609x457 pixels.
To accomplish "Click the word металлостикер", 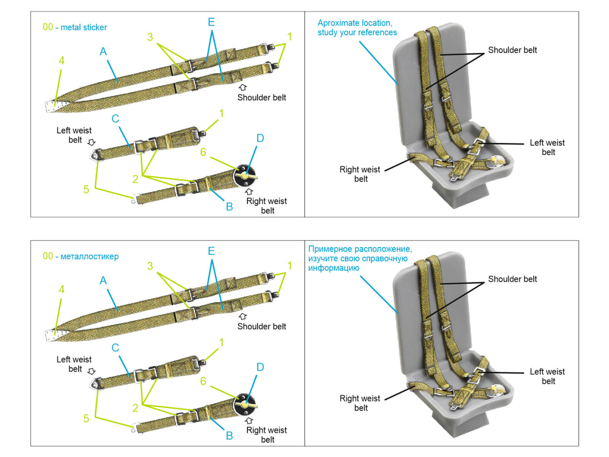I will pyautogui.click(x=89, y=256).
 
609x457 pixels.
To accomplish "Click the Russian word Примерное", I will pyautogui.click(x=330, y=249).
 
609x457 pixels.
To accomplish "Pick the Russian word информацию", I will pyautogui.click(x=333, y=268).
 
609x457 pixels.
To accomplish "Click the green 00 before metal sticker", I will pyautogui.click(x=48, y=27).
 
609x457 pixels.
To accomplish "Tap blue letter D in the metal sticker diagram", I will pyautogui.click(x=260, y=138).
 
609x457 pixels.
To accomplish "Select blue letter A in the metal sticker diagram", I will pyautogui.click(x=103, y=51).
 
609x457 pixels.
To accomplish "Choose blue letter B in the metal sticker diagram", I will pyautogui.click(x=229, y=207).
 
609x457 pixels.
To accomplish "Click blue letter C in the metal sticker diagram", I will pyautogui.click(x=115, y=119).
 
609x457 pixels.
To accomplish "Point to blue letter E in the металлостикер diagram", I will pyautogui.click(x=211, y=251).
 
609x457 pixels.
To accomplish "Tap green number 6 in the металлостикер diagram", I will pyautogui.click(x=203, y=381).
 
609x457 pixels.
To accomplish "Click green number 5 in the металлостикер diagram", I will pyautogui.click(x=86, y=418).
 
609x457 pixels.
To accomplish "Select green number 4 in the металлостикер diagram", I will pyautogui.click(x=61, y=289).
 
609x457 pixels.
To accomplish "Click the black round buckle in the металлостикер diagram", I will pyautogui.click(x=244, y=404).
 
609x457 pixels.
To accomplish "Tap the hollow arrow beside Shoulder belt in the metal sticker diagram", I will pyautogui.click(x=242, y=88).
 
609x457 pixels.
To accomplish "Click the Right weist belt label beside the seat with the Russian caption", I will pyautogui.click(x=360, y=403).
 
